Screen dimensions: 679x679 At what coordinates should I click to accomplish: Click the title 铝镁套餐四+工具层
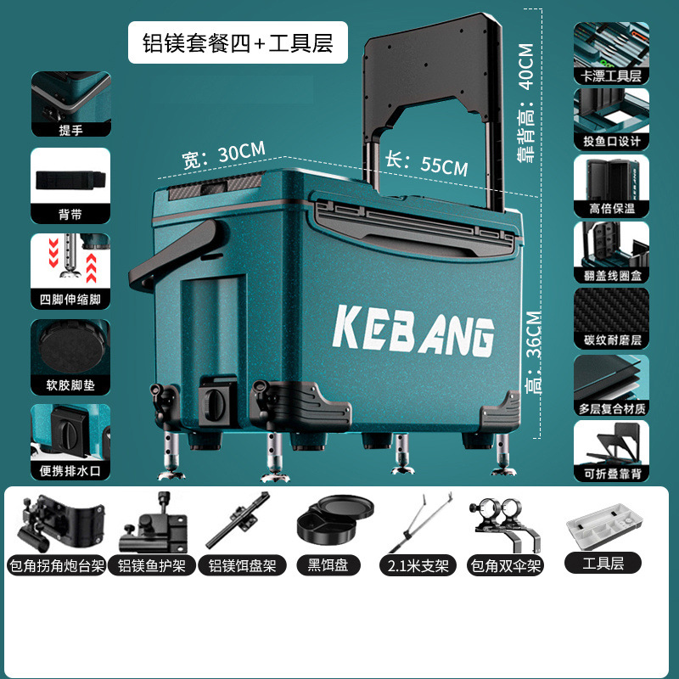click(238, 42)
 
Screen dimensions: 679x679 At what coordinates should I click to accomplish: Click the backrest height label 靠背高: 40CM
click(525, 102)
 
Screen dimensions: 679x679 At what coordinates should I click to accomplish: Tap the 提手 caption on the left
click(70, 129)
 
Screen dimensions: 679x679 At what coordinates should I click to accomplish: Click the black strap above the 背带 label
click(70, 180)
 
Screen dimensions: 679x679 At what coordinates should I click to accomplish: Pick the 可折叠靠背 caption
click(611, 474)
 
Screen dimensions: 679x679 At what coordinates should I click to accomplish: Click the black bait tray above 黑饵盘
click(334, 519)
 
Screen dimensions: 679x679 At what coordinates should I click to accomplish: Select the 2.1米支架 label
click(417, 564)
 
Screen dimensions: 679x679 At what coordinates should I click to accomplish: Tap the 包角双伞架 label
click(504, 564)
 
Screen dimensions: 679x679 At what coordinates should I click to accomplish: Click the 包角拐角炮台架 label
click(56, 564)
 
